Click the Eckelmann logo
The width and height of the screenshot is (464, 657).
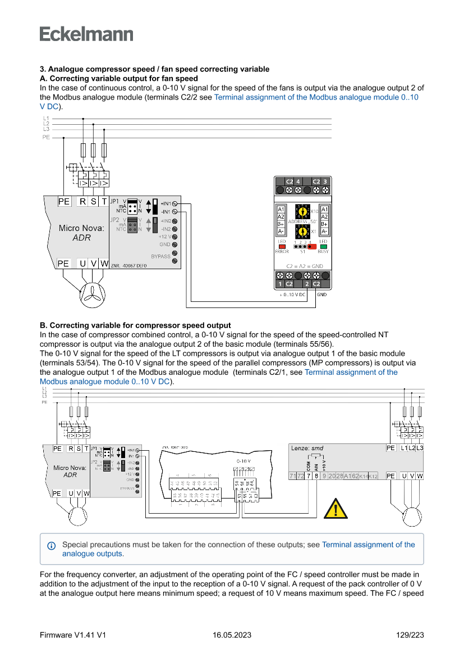pos(86,34)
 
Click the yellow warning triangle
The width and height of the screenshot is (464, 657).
pos(336,508)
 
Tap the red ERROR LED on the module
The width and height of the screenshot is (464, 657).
pos(282,246)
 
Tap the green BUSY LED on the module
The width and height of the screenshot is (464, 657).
pos(323,246)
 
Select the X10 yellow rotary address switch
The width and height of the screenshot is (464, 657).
pos(302,212)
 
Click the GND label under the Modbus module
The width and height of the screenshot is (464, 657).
pos(321,294)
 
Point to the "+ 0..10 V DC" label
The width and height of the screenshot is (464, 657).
pos(293,294)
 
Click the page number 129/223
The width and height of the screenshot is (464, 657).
pos(410,635)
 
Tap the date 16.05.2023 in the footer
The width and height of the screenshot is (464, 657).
pos(232,635)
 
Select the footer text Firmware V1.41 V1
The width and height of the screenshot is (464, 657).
pos(73,635)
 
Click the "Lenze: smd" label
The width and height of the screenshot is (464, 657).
pos(307,448)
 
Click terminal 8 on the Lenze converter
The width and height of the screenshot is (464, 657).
pos(316,476)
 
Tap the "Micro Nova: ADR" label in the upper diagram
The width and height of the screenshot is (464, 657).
pos(81,233)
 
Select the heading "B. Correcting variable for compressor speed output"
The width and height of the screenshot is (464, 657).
pos(135,325)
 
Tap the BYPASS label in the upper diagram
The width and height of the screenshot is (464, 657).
pos(160,256)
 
